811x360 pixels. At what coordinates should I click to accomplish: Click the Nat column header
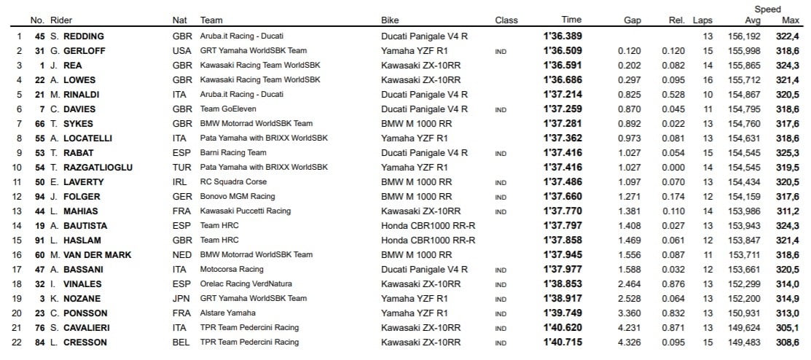click(179, 20)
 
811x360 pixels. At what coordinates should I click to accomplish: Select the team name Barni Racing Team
click(233, 153)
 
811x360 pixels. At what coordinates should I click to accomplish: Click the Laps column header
click(702, 20)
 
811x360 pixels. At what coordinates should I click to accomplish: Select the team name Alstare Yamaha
click(227, 313)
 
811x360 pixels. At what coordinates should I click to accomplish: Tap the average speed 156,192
click(744, 36)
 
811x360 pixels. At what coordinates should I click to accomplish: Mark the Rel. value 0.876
click(673, 284)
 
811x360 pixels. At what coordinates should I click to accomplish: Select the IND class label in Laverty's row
click(501, 183)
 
